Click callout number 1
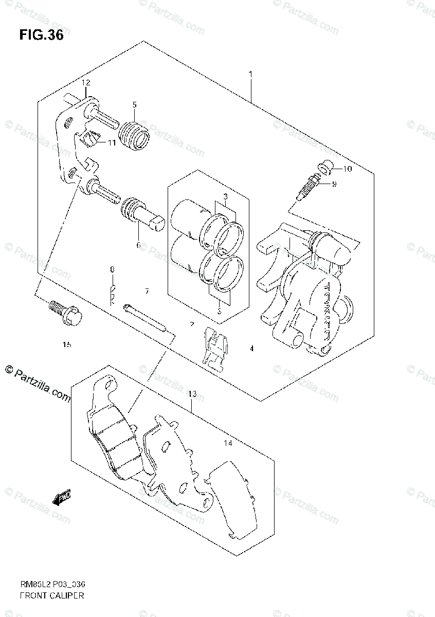(250, 75)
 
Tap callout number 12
(85, 83)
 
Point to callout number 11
(112, 142)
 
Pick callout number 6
(138, 245)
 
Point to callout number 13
(192, 394)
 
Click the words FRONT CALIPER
(51, 595)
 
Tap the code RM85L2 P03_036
(51, 585)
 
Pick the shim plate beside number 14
(232, 499)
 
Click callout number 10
(347, 169)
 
